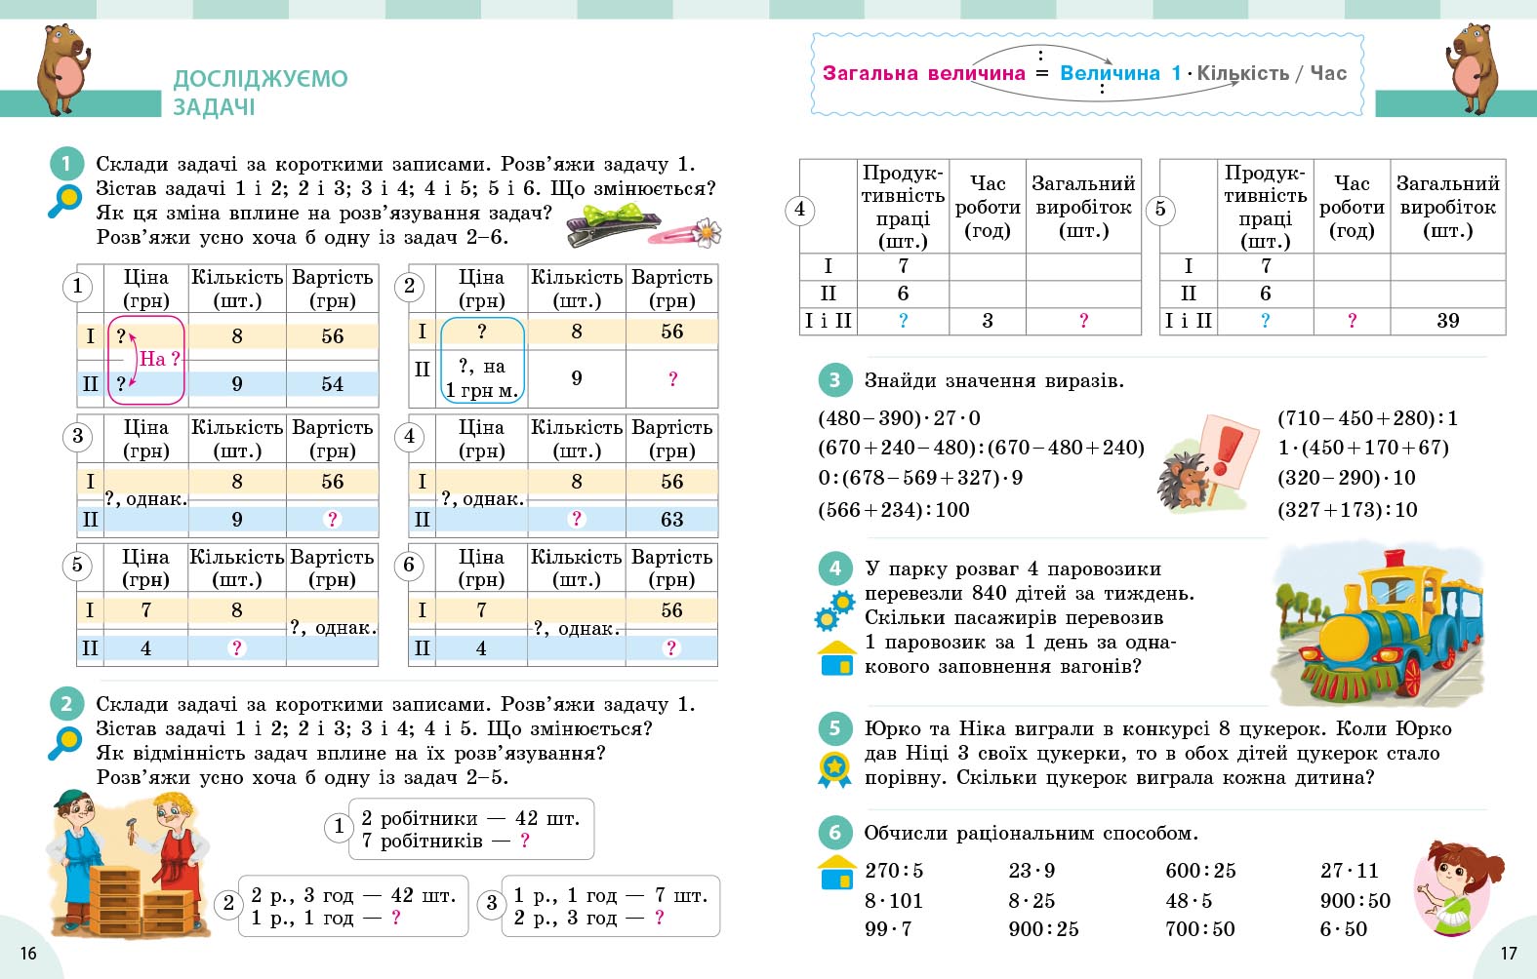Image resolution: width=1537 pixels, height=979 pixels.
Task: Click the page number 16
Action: pyautogui.click(x=28, y=953)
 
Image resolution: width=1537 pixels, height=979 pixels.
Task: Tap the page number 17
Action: pyautogui.click(x=1509, y=953)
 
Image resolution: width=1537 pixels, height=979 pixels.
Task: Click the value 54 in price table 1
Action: pyautogui.click(x=332, y=384)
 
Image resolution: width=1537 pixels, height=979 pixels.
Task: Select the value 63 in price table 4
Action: pyautogui.click(x=671, y=520)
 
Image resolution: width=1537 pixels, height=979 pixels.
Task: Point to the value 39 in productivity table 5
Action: pyautogui.click(x=1447, y=321)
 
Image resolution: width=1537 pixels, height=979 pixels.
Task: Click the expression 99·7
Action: pyautogui.click(x=888, y=929)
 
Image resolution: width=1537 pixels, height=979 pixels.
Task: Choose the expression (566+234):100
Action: pyautogui.click(x=894, y=510)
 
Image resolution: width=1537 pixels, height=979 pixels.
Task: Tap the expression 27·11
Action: pyautogui.click(x=1349, y=871)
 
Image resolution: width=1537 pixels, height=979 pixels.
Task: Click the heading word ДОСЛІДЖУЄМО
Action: pyautogui.click(x=261, y=79)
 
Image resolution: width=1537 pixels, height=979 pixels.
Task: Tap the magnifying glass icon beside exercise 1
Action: pyautogui.click(x=65, y=201)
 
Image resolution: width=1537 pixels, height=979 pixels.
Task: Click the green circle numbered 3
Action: pyautogui.click(x=834, y=380)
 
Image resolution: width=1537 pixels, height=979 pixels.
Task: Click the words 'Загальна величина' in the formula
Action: pyautogui.click(x=923, y=73)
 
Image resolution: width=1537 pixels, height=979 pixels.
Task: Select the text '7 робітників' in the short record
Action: pyautogui.click(x=422, y=841)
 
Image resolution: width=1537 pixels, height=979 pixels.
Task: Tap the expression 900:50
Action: pyautogui.click(x=1355, y=901)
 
